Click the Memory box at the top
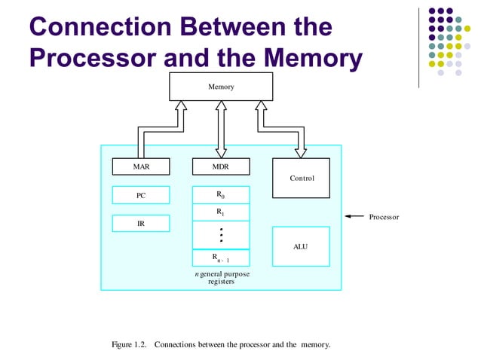[221, 87]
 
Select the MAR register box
[141, 166]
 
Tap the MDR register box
[221, 166]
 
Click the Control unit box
[301, 178]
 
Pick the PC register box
[141, 195]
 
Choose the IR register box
[141, 224]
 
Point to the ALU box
[301, 246]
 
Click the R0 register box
[221, 195]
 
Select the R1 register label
[221, 212]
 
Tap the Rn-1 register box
[221, 258]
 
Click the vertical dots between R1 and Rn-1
[221, 234]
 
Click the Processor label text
[384, 217]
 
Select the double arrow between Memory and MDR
[221, 129]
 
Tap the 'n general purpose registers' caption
[221, 278]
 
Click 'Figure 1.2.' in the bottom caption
[130, 345]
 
